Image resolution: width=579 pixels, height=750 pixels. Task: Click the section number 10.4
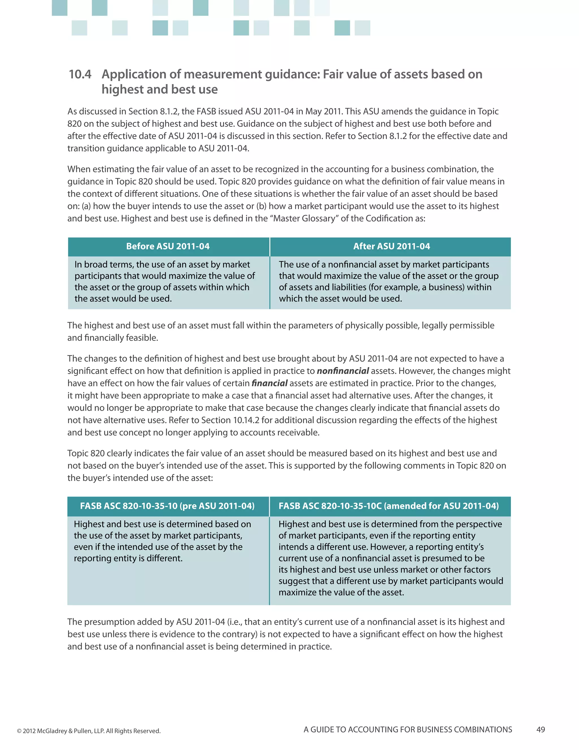(80, 74)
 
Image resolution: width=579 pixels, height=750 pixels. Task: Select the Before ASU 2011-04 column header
(168, 246)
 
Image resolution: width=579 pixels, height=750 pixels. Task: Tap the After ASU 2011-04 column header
(391, 246)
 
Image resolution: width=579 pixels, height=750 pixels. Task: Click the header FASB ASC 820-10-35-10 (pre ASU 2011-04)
(167, 506)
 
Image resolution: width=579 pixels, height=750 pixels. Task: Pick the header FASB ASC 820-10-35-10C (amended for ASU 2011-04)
(389, 506)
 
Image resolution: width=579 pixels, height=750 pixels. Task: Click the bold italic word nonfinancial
(343, 371)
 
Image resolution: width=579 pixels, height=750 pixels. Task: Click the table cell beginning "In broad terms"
(165, 281)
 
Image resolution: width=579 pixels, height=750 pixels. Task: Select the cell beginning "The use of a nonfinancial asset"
(389, 281)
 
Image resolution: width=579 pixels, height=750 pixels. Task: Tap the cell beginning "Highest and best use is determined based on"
(162, 541)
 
